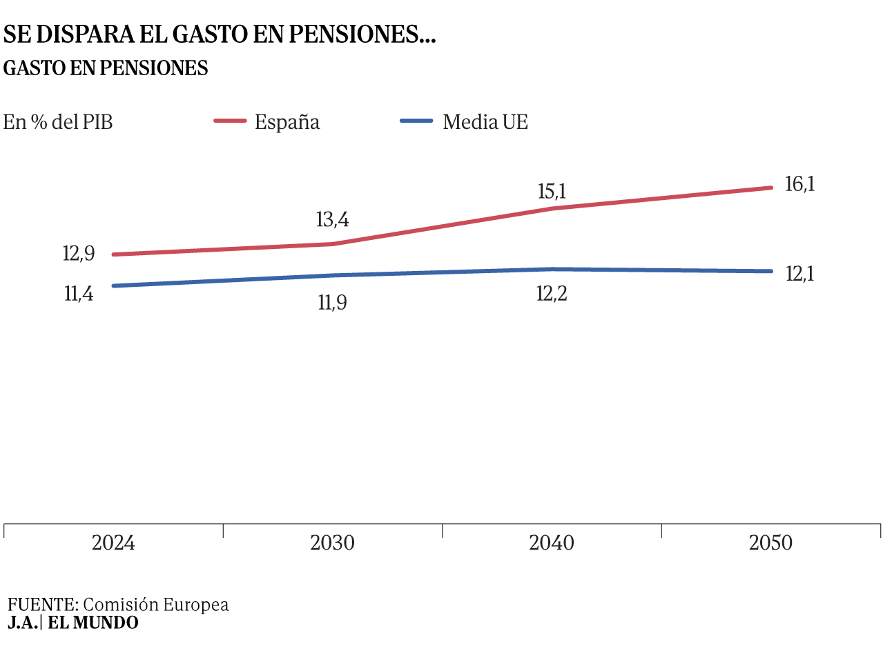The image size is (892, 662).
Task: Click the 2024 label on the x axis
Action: pyautogui.click(x=113, y=543)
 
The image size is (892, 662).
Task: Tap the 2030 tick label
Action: pyautogui.click(x=332, y=543)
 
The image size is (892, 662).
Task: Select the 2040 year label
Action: pyautogui.click(x=552, y=543)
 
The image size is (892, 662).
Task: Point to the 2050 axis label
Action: pyautogui.click(x=770, y=543)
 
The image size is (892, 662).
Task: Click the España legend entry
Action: pyautogui.click(x=287, y=122)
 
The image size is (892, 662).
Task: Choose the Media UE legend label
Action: pyautogui.click(x=485, y=122)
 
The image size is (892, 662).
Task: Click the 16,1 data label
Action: pyautogui.click(x=799, y=184)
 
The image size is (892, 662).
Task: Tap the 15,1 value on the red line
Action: pyautogui.click(x=552, y=191)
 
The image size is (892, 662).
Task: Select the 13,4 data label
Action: pyautogui.click(x=332, y=219)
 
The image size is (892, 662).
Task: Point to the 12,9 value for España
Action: pyautogui.click(x=79, y=253)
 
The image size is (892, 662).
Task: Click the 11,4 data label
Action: pyautogui.click(x=79, y=294)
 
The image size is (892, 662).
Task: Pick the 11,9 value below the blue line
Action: pyautogui.click(x=332, y=302)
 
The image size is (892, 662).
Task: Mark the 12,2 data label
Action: pyautogui.click(x=552, y=294)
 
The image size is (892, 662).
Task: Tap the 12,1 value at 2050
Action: pyautogui.click(x=799, y=274)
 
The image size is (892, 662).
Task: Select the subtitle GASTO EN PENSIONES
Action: pyautogui.click(x=106, y=68)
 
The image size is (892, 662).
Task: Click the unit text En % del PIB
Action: pyautogui.click(x=58, y=122)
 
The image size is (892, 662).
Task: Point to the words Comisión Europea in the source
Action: pyautogui.click(x=155, y=605)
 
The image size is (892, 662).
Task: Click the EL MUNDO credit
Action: pyautogui.click(x=93, y=623)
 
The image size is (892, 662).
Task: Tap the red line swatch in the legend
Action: pyautogui.click(x=230, y=121)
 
